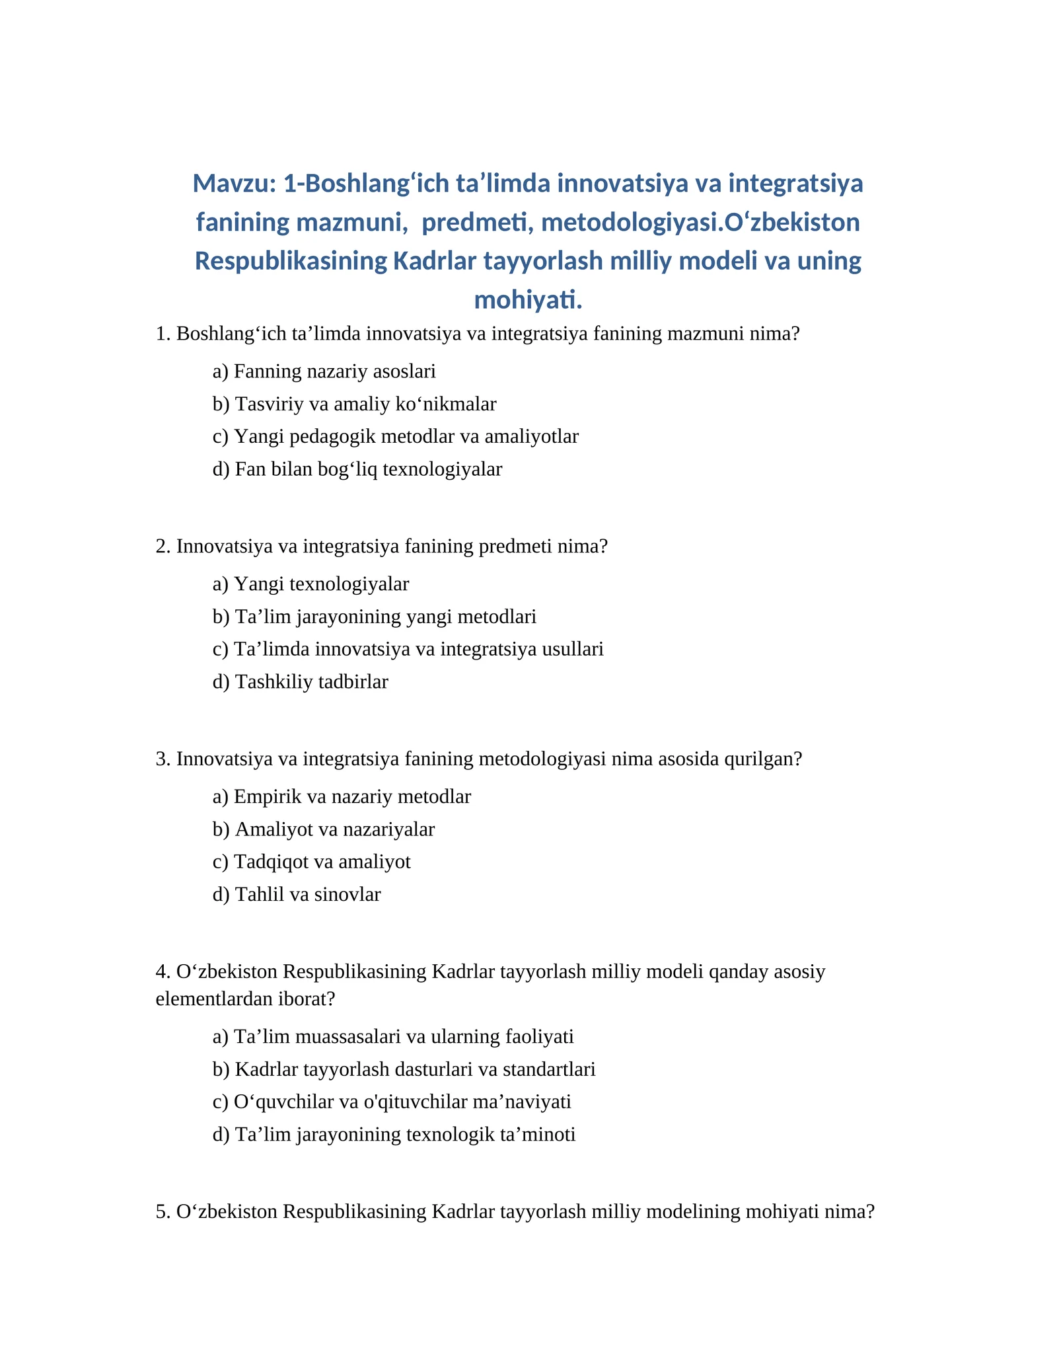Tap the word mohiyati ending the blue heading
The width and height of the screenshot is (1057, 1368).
(x=528, y=300)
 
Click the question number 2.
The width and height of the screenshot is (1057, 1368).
(x=163, y=547)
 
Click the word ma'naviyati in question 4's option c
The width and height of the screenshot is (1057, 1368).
(x=530, y=1102)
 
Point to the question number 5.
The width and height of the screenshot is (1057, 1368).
(x=163, y=1211)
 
